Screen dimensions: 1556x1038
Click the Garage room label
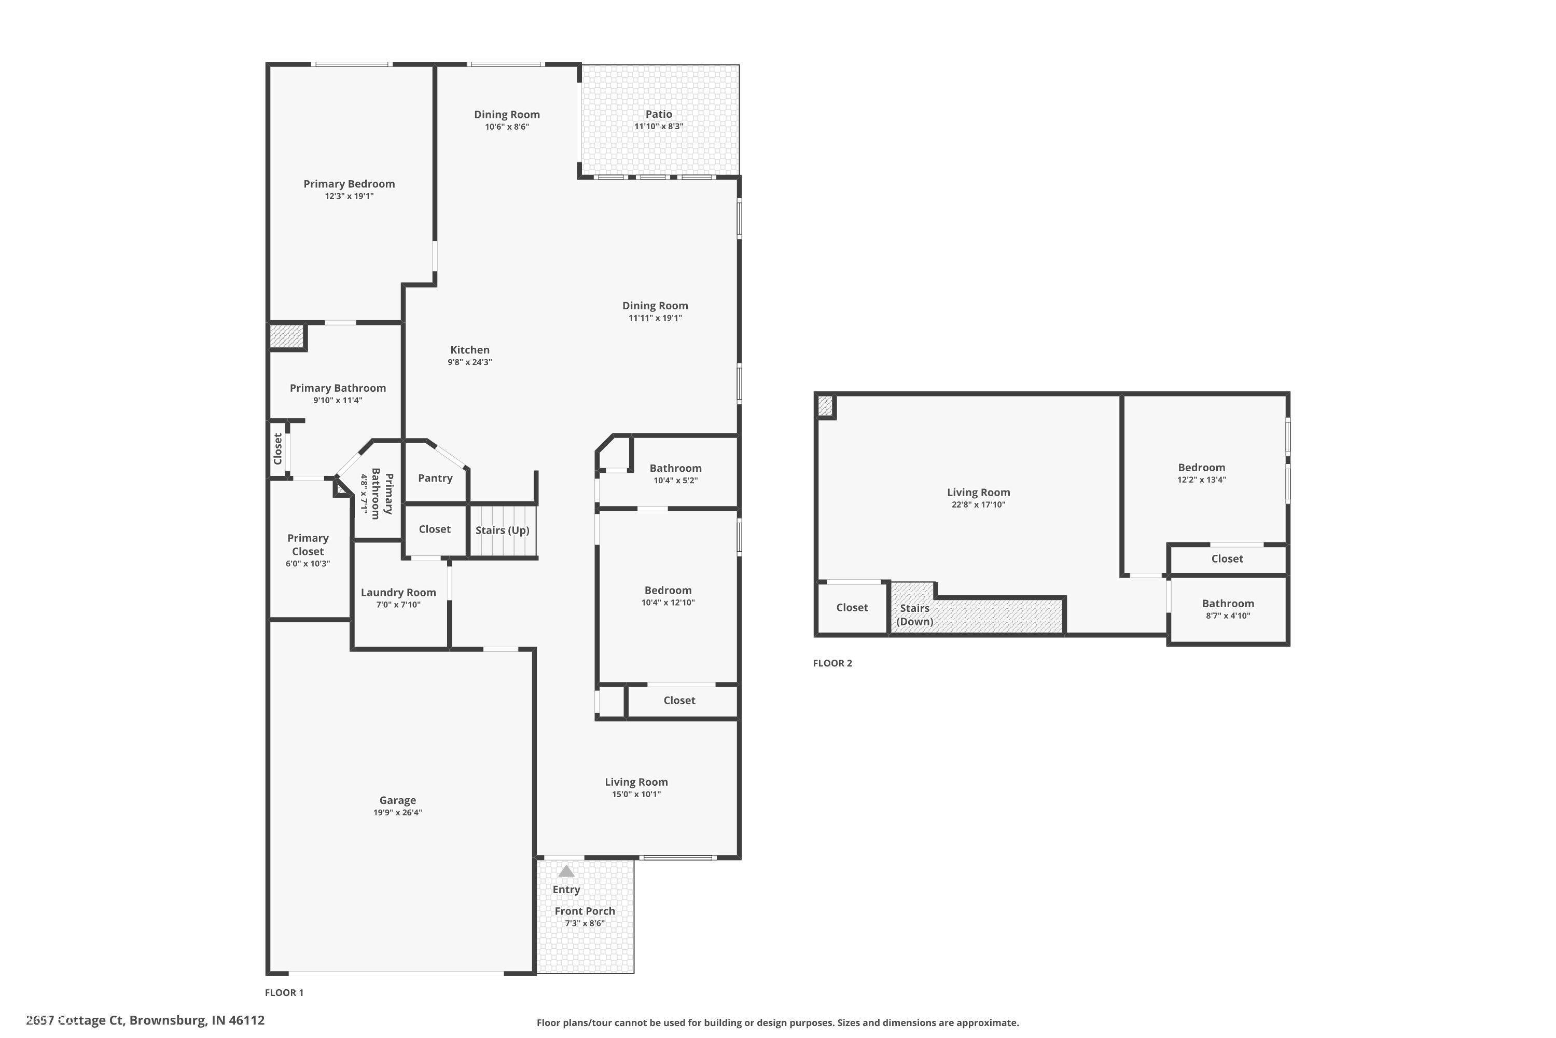[x=398, y=800]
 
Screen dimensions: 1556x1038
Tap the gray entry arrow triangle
[x=566, y=871]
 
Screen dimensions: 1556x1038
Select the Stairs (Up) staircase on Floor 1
[x=503, y=530]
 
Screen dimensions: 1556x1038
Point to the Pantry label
[x=435, y=478]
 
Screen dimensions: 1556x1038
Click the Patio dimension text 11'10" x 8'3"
[x=659, y=127]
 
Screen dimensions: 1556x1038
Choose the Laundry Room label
[x=398, y=593]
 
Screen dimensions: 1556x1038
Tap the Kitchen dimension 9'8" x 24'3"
[x=470, y=362]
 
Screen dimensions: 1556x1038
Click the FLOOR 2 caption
[x=832, y=663]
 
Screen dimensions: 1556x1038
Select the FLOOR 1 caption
[x=284, y=992]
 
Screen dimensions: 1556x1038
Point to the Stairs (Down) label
[x=915, y=614]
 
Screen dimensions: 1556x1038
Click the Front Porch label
[x=585, y=911]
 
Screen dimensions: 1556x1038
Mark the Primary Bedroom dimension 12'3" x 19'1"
[x=349, y=196]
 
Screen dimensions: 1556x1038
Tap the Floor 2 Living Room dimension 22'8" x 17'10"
[x=978, y=504]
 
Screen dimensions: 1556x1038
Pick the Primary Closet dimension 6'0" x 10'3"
[x=308, y=564]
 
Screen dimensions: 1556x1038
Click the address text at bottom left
[x=146, y=1020]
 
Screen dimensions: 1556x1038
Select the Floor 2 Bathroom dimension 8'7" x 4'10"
[x=1228, y=616]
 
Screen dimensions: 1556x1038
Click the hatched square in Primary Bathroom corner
[x=286, y=336]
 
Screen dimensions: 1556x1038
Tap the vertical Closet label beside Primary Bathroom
[x=278, y=449]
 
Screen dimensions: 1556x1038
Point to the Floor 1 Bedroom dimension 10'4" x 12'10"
[x=668, y=603]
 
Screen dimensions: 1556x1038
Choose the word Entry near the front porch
[x=566, y=890]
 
